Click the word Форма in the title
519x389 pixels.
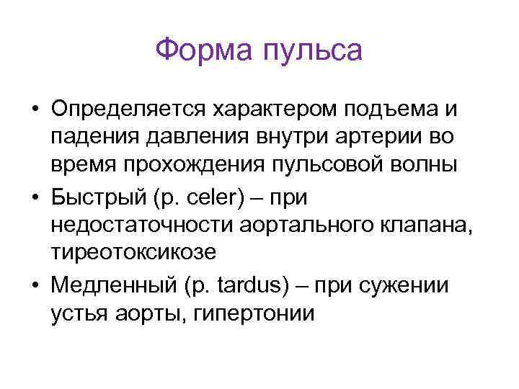(201, 51)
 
